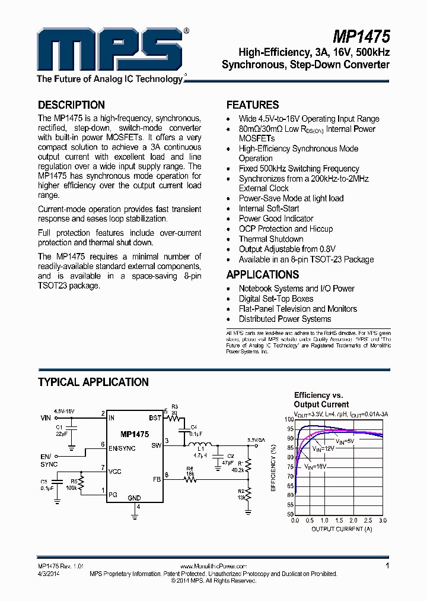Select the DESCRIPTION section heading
71,105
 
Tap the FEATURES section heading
253,105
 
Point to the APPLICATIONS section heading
263,275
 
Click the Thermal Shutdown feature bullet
271,239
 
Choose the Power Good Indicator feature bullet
276,219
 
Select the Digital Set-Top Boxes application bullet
276,299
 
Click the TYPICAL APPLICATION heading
93,382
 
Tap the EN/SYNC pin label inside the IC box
123,448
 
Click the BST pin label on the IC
155,418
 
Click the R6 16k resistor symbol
190,478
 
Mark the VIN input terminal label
46,418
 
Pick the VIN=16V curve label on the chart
316,467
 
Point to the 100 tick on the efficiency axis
289,419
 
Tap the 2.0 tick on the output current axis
353,520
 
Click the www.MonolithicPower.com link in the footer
213,567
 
